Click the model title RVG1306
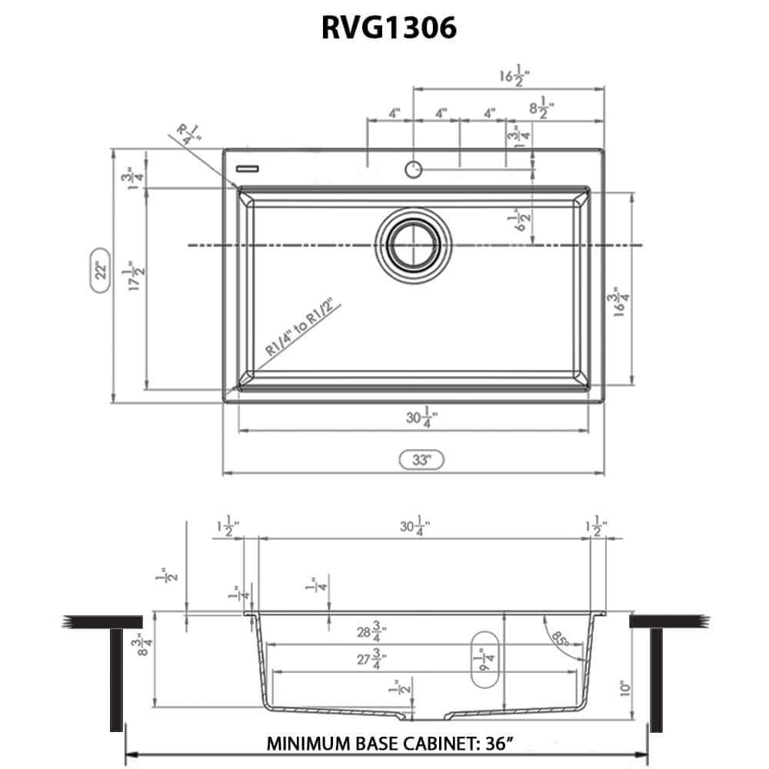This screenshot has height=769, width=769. [388, 28]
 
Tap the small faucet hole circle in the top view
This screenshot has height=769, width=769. [414, 168]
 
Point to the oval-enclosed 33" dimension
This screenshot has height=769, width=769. [421, 461]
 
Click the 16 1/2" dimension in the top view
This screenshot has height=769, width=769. [514, 76]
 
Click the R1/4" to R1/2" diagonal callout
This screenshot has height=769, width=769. [301, 328]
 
